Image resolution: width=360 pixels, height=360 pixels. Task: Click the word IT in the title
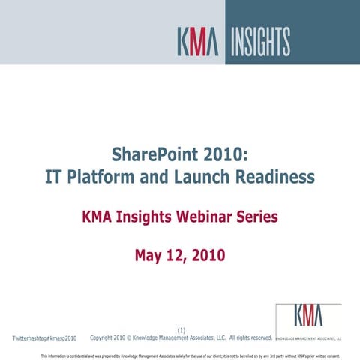coord(54,177)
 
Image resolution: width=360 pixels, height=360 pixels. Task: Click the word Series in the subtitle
coord(253,217)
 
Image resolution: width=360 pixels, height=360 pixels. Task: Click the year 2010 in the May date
coord(208,256)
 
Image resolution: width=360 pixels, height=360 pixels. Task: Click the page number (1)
coord(181,330)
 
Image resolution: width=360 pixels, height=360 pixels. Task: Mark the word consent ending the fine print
coord(342,355)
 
